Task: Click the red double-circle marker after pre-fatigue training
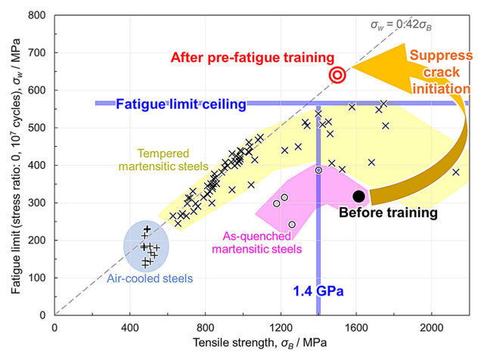pyautogui.click(x=338, y=74)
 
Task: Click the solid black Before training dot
pyautogui.click(x=359, y=196)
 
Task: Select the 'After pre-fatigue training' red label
pyautogui.click(x=252, y=57)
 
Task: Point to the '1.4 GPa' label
pyautogui.click(x=312, y=290)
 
